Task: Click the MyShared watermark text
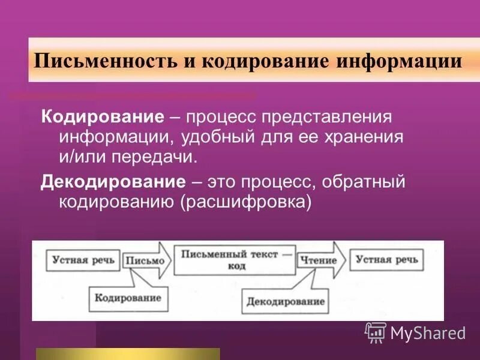428,332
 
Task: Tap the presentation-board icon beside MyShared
376,331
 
